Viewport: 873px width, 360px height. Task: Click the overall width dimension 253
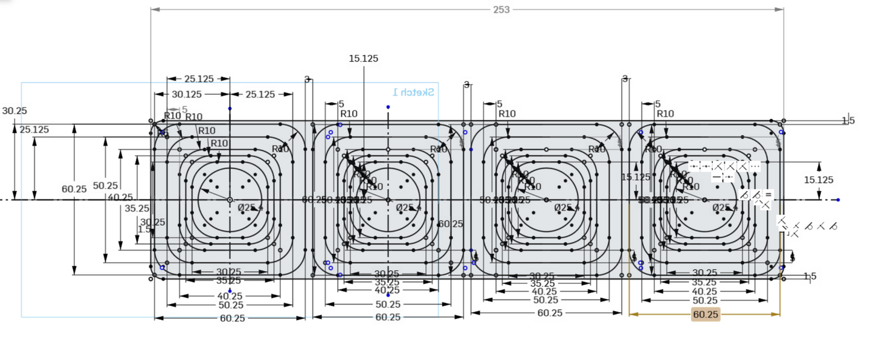[501, 9]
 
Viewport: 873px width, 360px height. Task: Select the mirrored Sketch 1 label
[413, 92]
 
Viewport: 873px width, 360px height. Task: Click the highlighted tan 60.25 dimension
[706, 315]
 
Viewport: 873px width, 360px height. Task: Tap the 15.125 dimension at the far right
[819, 180]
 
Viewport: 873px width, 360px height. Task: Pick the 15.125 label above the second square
[364, 59]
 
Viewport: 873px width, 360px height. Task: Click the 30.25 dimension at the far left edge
[14, 111]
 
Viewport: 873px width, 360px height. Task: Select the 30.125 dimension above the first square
[187, 95]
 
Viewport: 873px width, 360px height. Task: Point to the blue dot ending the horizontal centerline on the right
[838, 199]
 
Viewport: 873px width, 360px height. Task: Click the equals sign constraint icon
[768, 194]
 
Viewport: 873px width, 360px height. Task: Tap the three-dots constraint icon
[755, 166]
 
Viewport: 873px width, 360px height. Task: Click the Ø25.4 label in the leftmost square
[250, 207]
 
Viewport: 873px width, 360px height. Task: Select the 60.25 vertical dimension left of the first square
[74, 189]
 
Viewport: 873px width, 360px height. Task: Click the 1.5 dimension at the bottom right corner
[810, 277]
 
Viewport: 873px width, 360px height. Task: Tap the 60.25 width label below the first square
[233, 318]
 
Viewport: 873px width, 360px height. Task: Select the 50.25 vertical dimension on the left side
[106, 185]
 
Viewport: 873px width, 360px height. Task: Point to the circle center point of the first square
[230, 199]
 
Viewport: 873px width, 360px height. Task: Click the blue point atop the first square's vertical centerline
[230, 108]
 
